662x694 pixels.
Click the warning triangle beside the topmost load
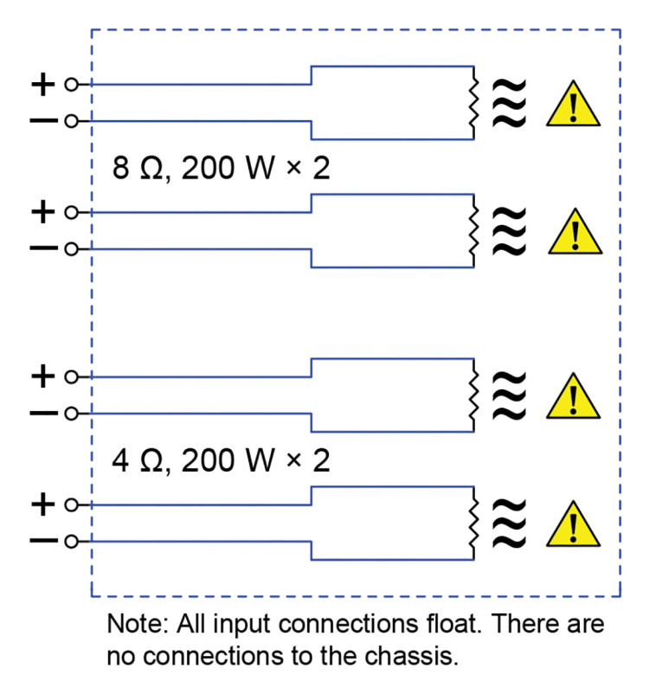[x=572, y=105]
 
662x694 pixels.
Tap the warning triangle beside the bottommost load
[x=572, y=526]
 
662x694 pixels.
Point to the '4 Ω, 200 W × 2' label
[x=221, y=460]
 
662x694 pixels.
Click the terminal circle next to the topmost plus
[x=71, y=85]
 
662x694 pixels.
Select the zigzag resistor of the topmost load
[x=472, y=102]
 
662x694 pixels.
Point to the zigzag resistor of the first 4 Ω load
[x=472, y=395]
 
